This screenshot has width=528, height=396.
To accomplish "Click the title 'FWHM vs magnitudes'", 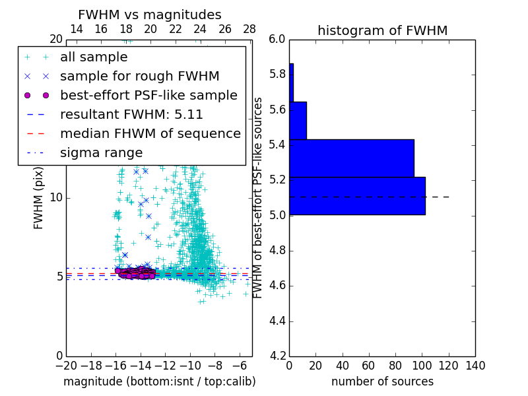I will click(x=150, y=15).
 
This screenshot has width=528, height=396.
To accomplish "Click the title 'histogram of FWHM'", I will click(x=382, y=30).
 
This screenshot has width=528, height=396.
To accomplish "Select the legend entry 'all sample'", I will click(x=94, y=57).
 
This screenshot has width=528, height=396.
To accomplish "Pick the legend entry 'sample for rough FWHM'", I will click(x=139, y=76).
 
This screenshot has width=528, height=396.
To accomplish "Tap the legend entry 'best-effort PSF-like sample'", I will click(x=148, y=95).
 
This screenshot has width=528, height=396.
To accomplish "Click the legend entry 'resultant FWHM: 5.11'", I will click(x=131, y=114).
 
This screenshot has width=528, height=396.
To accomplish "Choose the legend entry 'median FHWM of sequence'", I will click(x=150, y=133).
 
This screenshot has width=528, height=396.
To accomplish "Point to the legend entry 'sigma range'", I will click(x=101, y=152).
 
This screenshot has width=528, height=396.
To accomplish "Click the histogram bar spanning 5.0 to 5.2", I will click(x=357, y=196).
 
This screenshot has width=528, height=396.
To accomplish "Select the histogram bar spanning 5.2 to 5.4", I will click(x=351, y=158).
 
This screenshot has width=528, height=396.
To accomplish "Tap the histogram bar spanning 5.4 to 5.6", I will click(x=298, y=121).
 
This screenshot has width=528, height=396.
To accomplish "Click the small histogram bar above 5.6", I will click(x=291, y=82).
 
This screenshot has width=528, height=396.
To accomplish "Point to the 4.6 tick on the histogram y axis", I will click(x=277, y=286).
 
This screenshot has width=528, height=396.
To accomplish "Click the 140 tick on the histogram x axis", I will click(x=475, y=366).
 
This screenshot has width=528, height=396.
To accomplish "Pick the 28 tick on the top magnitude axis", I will click(x=249, y=29).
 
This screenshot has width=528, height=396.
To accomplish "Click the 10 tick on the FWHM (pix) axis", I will click(x=56, y=197).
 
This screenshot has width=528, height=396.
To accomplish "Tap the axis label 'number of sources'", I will click(x=382, y=381).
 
